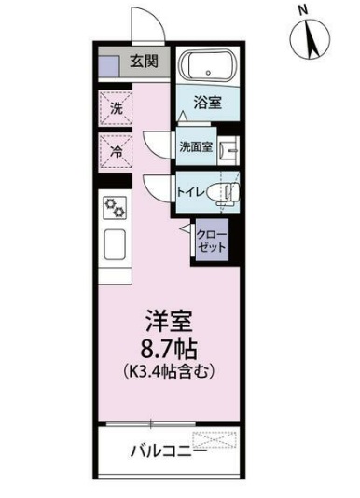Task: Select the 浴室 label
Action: (x=208, y=103)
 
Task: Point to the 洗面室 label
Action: (x=196, y=146)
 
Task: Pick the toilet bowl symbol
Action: (x=223, y=192)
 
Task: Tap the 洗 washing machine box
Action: (x=117, y=108)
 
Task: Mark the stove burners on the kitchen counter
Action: (x=117, y=207)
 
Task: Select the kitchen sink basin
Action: (x=117, y=244)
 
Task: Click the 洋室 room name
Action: (x=168, y=321)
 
